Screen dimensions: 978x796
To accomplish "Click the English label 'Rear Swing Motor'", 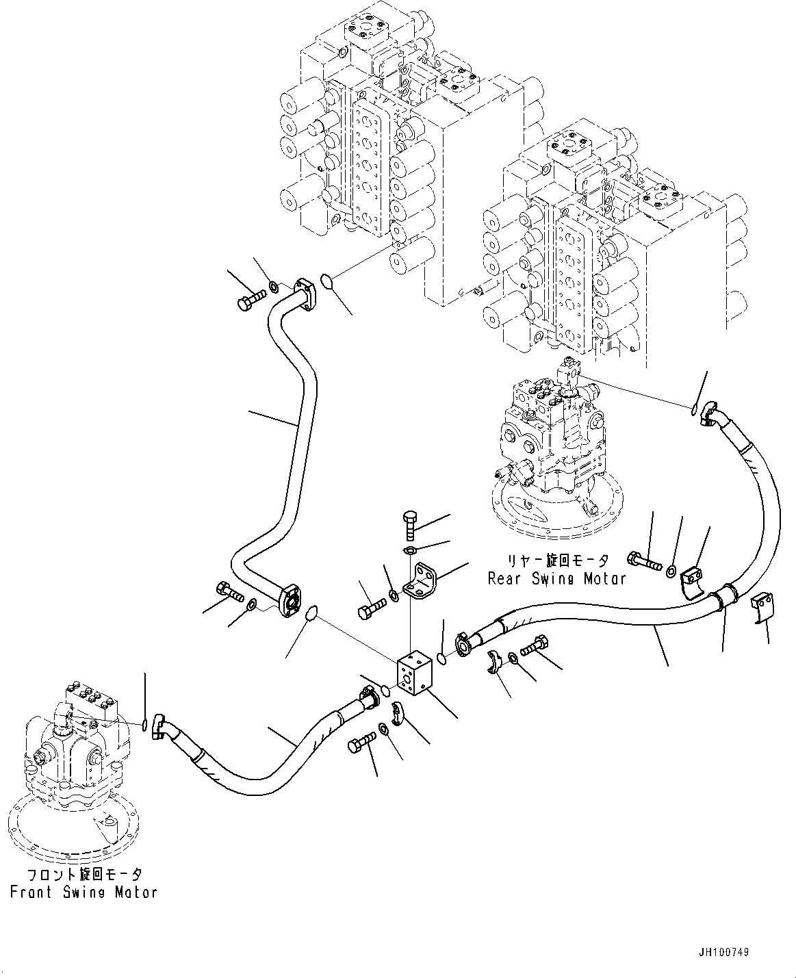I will [x=556, y=578].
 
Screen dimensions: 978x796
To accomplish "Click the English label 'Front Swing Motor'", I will [x=84, y=892].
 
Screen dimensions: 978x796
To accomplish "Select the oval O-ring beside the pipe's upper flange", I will [x=329, y=281].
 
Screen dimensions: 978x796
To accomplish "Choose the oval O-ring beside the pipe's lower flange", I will [x=311, y=613].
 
